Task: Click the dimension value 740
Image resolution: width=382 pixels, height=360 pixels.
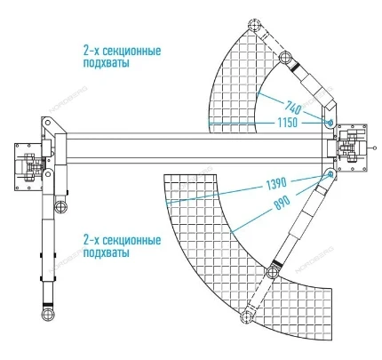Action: tap(293, 108)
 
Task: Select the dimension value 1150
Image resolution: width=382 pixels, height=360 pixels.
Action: tap(288, 123)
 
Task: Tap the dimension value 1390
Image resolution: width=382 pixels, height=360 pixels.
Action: tap(276, 184)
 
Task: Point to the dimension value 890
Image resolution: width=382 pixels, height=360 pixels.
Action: tap(283, 204)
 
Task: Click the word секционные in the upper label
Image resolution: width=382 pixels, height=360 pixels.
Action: tap(130, 51)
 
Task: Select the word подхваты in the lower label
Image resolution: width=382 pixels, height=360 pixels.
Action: tap(107, 252)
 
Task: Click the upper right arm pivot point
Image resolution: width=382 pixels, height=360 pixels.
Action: tap(330, 122)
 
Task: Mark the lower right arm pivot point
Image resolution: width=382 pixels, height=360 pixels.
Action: tap(330, 174)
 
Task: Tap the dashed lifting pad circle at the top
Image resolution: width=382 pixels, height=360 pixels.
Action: tap(254, 25)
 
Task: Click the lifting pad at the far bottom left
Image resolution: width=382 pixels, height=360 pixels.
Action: tap(48, 315)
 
